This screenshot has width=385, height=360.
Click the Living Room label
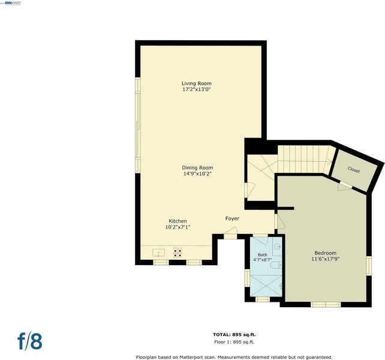[197, 83]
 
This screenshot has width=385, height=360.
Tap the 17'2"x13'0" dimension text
[197, 89]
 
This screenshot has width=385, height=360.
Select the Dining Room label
[197, 167]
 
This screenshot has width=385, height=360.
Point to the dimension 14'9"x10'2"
[197, 174]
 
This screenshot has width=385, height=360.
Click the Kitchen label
[178, 221]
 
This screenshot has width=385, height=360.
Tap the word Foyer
[232, 218]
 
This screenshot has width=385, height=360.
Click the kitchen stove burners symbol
[178, 253]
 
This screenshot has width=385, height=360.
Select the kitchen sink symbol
[158, 253]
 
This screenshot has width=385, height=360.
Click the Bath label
[263, 255]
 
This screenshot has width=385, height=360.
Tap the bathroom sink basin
[278, 246]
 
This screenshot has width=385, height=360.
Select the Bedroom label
[326, 253]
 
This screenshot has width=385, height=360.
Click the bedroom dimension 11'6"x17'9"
[326, 259]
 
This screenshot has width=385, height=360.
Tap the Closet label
[354, 170]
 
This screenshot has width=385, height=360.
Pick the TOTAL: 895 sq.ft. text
[234, 334]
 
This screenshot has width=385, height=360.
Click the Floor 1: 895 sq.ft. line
[234, 342]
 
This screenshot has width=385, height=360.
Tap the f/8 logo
[30, 341]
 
